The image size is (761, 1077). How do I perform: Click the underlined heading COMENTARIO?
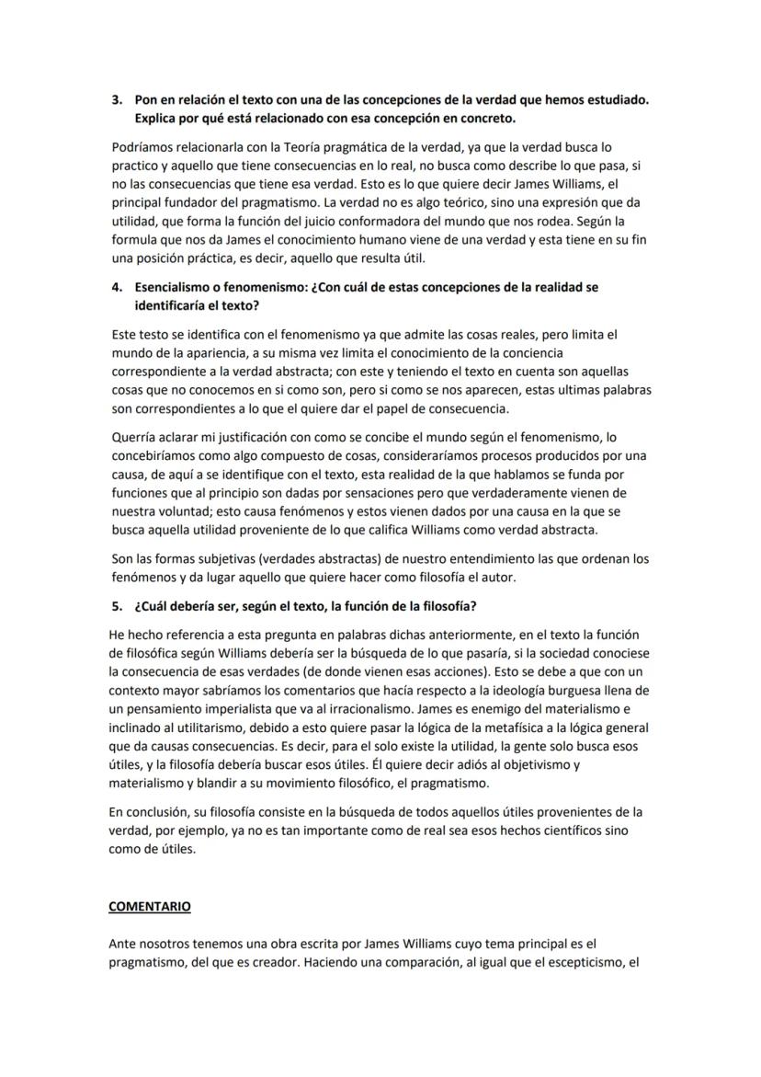pyautogui.click(x=150, y=906)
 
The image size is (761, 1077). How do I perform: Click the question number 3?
pyautogui.click(x=115, y=98)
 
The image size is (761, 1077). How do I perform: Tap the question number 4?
pyautogui.click(x=115, y=287)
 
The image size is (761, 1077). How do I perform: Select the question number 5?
pyautogui.click(x=115, y=605)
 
